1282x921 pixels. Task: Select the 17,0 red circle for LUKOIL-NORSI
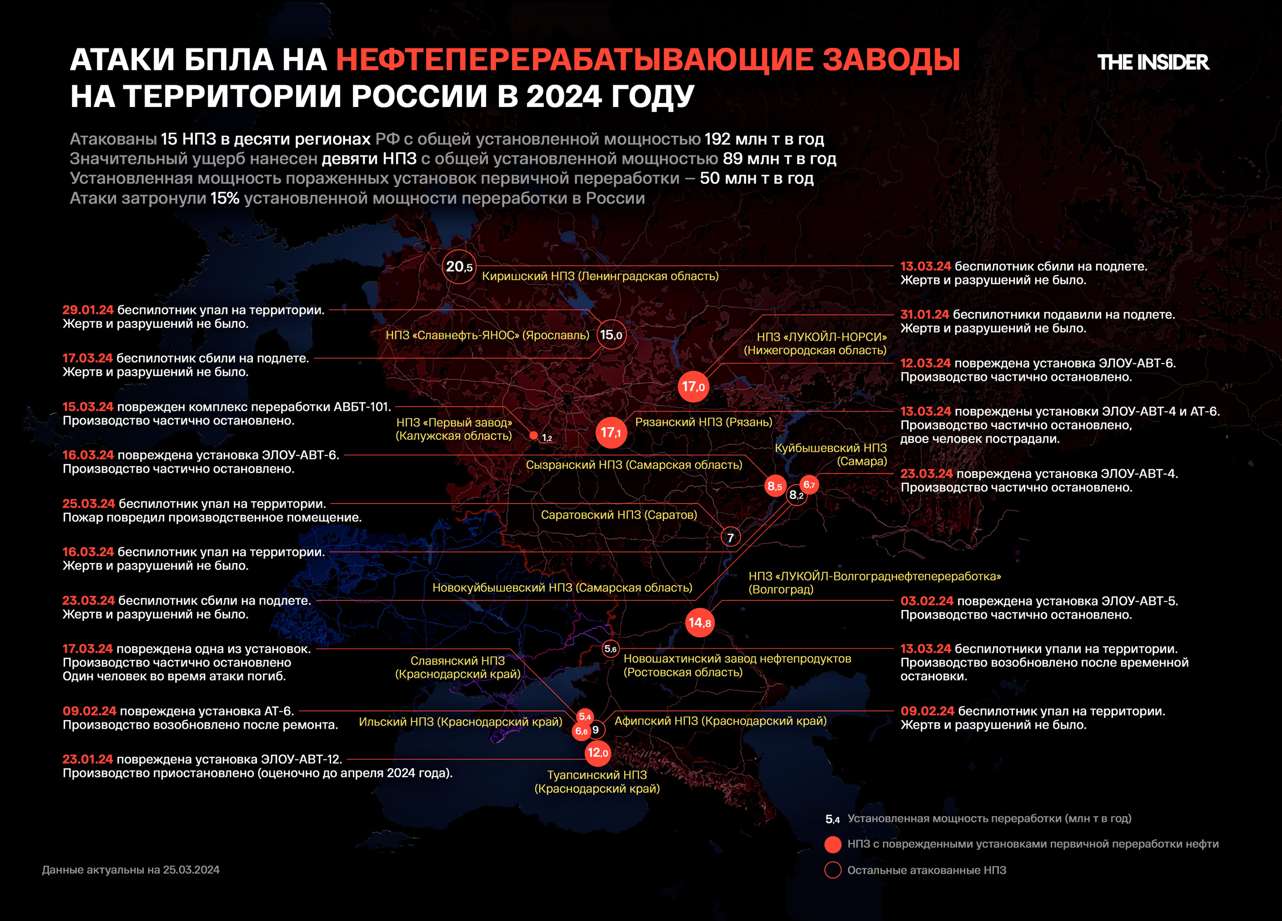click(x=693, y=387)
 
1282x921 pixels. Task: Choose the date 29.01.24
click(x=88, y=310)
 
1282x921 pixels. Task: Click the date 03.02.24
click(x=926, y=601)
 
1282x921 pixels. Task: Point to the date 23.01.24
click(x=88, y=759)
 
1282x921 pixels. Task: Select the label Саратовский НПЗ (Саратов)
click(x=618, y=514)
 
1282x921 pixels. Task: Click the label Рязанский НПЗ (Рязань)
click(x=703, y=422)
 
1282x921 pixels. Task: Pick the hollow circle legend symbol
click(x=833, y=870)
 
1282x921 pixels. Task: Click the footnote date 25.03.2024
click(x=191, y=870)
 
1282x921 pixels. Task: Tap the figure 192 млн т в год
click(x=764, y=139)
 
